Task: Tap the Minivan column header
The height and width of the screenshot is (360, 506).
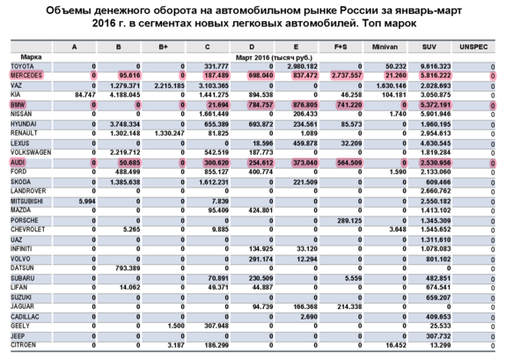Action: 379,46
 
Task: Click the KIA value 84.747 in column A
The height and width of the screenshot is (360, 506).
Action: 81,94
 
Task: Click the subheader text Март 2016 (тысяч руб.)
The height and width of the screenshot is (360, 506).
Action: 270,56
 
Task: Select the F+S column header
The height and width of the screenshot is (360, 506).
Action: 343,46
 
